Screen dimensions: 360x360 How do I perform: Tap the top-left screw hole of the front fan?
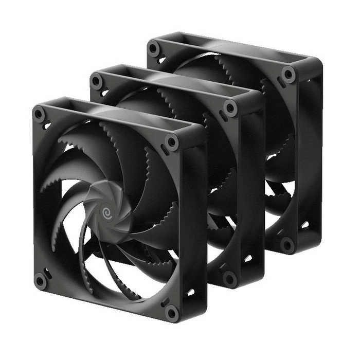pyautogui.click(x=39, y=114)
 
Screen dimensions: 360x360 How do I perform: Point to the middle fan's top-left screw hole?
pyautogui.click(x=96, y=81)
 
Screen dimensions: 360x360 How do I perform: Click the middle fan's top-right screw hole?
pyautogui.click(x=230, y=108)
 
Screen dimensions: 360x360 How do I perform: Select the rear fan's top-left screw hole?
pyautogui.click(x=153, y=49)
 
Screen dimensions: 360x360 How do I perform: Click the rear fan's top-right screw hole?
pyautogui.click(x=289, y=75)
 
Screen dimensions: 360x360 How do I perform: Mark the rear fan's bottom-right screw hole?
pyautogui.click(x=287, y=245)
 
